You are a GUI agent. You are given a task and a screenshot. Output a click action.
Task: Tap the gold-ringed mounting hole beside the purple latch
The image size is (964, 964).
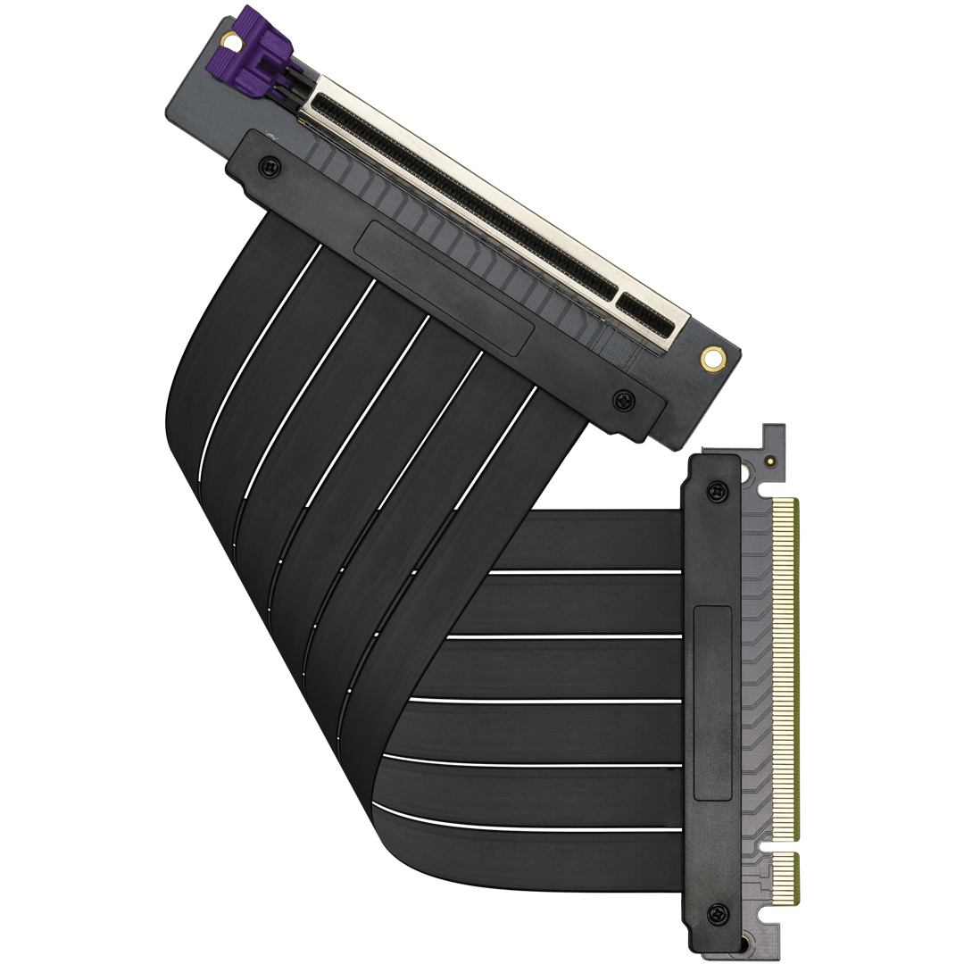coord(231,39)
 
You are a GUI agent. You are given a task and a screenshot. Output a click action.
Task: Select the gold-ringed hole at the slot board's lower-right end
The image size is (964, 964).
coord(711,359)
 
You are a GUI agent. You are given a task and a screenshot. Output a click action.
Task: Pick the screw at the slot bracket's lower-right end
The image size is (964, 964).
coord(621,400)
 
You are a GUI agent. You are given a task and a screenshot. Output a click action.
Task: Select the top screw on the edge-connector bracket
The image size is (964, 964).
coord(715,490)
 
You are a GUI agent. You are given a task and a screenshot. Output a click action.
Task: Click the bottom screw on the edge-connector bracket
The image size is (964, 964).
coord(715,913)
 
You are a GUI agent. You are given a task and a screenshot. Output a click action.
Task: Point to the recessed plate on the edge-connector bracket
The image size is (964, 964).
coord(712,702)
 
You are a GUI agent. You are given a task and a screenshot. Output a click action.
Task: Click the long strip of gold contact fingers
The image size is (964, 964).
coord(785,669)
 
